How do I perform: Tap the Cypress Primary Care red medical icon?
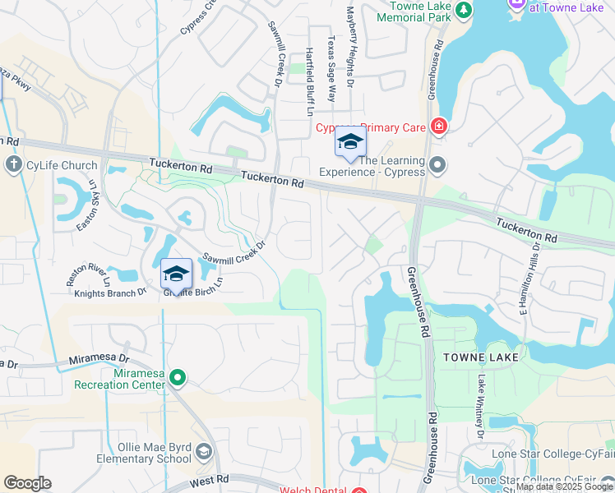click(x=439, y=126)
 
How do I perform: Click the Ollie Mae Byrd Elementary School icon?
click(x=203, y=450)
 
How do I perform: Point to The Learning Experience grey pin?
click(x=437, y=165)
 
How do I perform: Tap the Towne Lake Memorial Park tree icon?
click(x=464, y=10)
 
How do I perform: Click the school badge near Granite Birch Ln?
click(x=176, y=273)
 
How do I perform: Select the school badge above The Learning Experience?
click(x=350, y=144)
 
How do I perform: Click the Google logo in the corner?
click(x=28, y=483)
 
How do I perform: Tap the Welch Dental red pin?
click(x=359, y=491)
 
